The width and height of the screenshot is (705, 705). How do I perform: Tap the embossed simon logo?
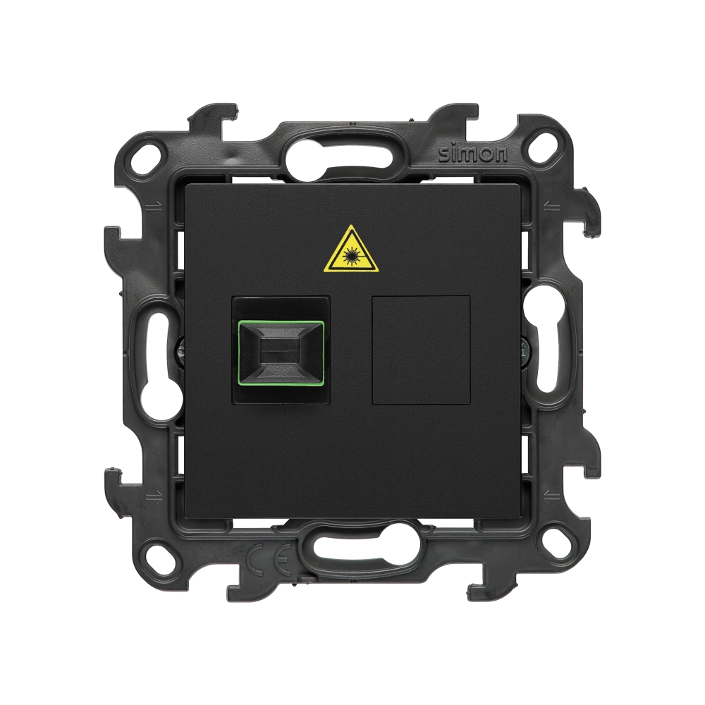click(x=473, y=154)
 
